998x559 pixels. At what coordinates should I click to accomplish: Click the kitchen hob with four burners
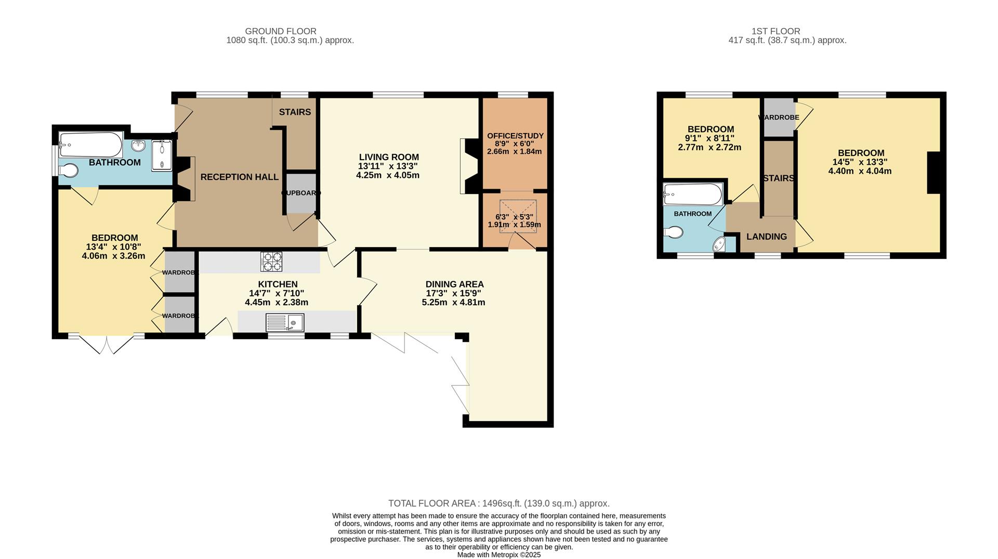(x=271, y=262)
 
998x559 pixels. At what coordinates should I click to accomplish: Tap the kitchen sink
(x=285, y=322)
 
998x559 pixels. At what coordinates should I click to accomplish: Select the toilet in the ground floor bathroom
(x=68, y=171)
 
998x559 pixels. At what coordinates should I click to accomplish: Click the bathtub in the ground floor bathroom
(x=90, y=145)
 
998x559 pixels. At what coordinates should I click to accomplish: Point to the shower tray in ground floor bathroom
(x=162, y=155)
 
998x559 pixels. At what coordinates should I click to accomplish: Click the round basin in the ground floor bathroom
(x=139, y=145)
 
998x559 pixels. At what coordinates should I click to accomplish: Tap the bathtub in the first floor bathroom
(x=693, y=194)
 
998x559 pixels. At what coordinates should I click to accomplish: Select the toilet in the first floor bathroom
(x=673, y=232)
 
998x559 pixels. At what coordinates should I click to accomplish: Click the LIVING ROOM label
(x=389, y=157)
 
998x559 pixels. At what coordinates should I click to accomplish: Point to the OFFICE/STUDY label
(x=515, y=136)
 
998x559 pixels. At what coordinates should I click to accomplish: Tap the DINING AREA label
(x=454, y=284)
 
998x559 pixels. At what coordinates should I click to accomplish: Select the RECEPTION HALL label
(x=240, y=177)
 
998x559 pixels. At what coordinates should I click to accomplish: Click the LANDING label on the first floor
(x=767, y=237)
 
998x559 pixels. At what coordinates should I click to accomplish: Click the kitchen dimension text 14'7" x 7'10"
(x=277, y=293)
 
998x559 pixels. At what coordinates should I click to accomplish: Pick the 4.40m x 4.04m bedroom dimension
(x=860, y=171)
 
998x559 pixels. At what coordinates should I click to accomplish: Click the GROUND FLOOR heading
(x=281, y=31)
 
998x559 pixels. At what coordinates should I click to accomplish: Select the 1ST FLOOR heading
(x=776, y=31)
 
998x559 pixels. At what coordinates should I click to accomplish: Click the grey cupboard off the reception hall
(x=300, y=193)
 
